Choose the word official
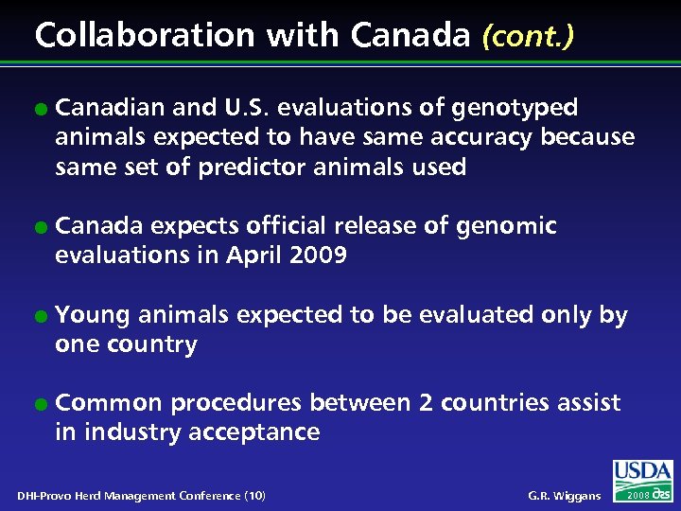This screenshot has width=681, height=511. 291,226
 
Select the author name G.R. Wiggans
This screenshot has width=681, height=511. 563,496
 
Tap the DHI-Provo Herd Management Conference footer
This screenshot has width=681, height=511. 141,496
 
